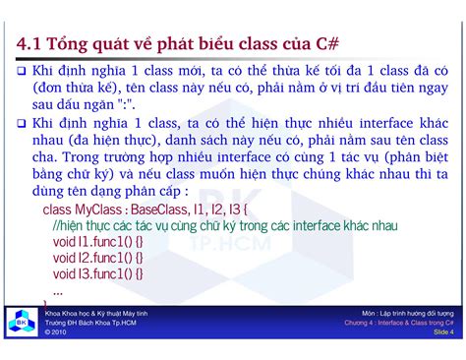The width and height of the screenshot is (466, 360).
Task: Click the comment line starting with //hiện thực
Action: [224, 226]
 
